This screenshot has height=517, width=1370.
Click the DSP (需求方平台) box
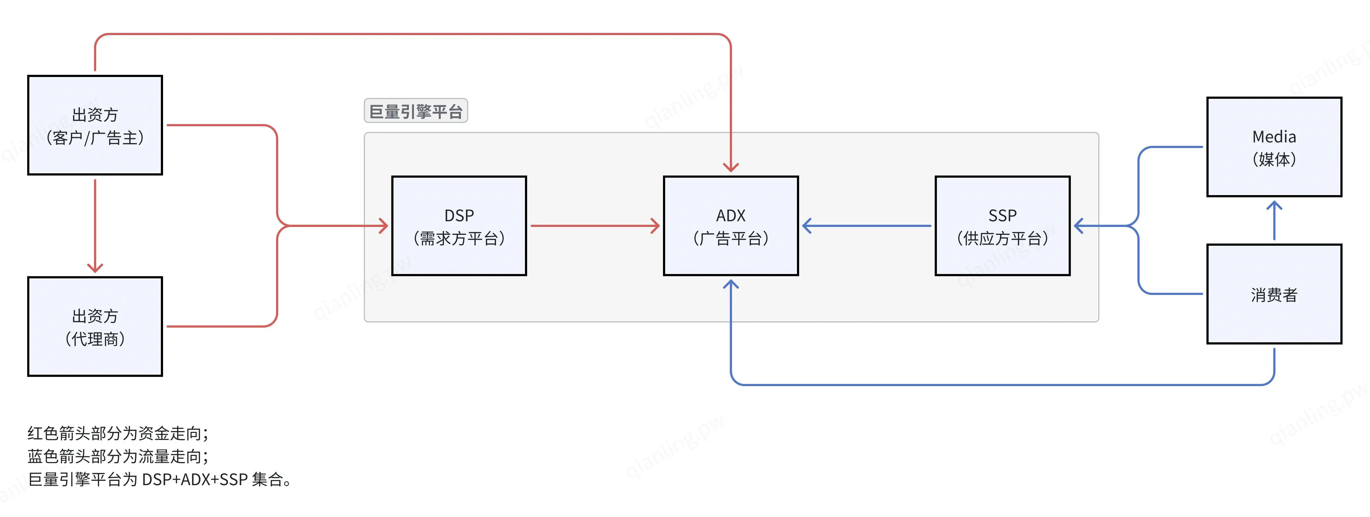click(x=459, y=226)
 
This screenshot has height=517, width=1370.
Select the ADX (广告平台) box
click(x=731, y=226)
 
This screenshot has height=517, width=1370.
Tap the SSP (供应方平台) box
click(x=1003, y=226)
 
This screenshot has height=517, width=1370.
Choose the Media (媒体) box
click(x=1274, y=147)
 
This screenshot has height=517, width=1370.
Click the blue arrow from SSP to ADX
click(x=867, y=226)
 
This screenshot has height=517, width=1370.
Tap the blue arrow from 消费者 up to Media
click(x=1274, y=221)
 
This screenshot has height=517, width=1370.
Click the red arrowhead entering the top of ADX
click(x=731, y=167)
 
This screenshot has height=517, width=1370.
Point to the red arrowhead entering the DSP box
click(x=383, y=226)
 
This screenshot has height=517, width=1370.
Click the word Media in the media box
click(x=1274, y=137)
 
